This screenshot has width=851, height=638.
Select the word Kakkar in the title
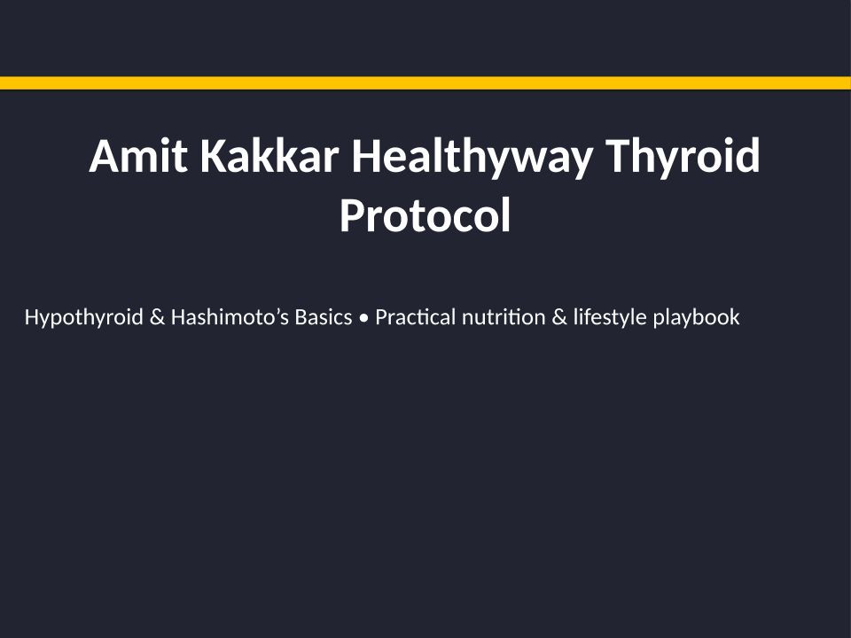269,156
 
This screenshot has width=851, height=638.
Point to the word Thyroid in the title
683,159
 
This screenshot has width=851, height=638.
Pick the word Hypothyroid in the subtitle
84,317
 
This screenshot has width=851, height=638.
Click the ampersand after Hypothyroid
157,317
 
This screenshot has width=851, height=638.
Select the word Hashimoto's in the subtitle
230,317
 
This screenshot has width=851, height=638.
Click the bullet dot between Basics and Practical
363,318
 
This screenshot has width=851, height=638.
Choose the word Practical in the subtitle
415,317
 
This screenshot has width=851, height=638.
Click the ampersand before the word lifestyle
559,317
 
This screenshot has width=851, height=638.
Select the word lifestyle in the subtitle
610,318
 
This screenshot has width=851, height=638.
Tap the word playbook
697,318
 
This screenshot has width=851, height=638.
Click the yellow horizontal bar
425,83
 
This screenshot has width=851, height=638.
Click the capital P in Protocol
352,214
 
